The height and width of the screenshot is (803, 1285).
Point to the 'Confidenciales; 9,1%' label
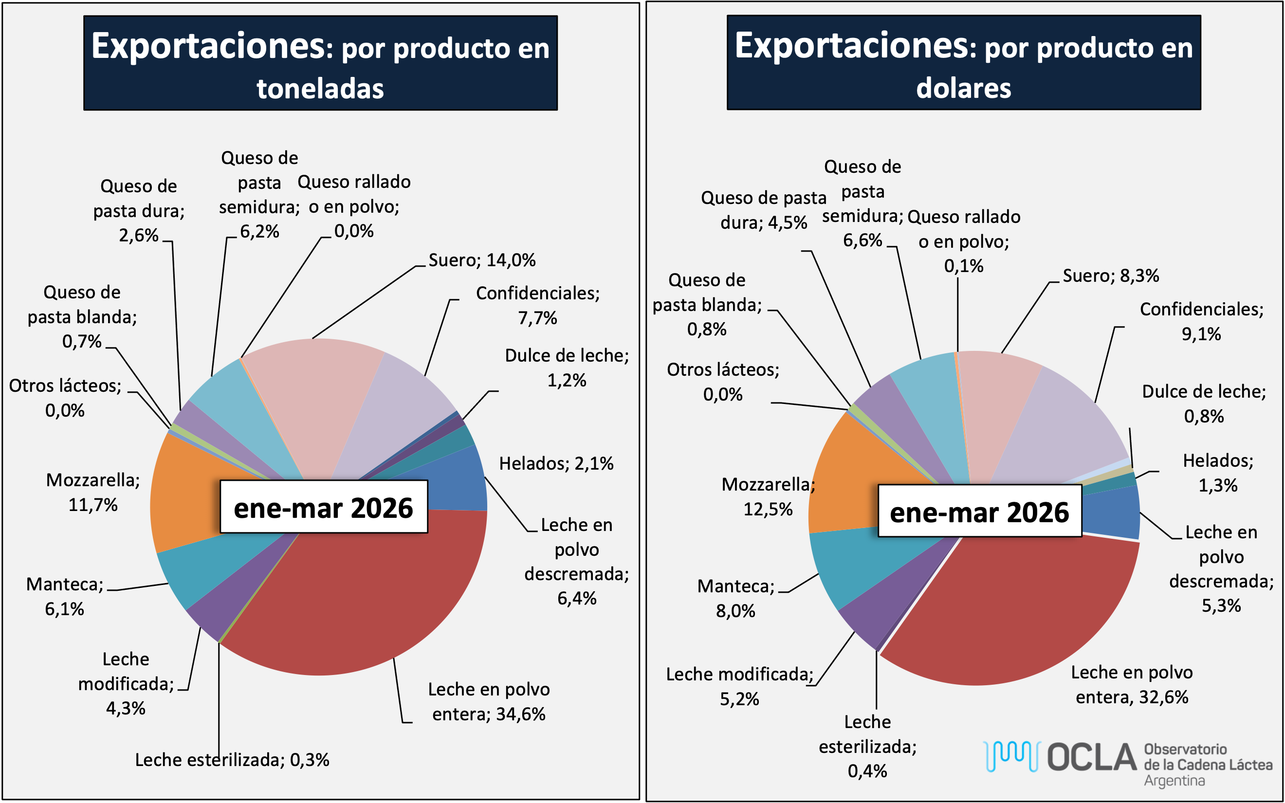click(x=1202, y=321)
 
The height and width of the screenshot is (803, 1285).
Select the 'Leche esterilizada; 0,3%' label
click(x=232, y=760)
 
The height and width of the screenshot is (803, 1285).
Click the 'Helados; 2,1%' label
click(x=556, y=464)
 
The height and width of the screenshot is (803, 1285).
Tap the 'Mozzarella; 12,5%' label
click(x=768, y=496)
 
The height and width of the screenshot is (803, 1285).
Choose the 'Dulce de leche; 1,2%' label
click(x=567, y=367)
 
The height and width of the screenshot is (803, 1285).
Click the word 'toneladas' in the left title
click(x=320, y=89)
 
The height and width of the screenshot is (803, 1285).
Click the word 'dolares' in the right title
click(x=964, y=88)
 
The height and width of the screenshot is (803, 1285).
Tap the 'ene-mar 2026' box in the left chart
click(x=324, y=507)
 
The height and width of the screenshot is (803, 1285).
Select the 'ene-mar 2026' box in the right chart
click(x=980, y=511)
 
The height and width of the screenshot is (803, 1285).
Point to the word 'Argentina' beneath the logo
click(x=1174, y=781)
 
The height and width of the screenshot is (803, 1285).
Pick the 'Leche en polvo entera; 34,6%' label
click(x=489, y=702)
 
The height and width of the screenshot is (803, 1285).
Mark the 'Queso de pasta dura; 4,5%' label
click(x=764, y=210)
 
